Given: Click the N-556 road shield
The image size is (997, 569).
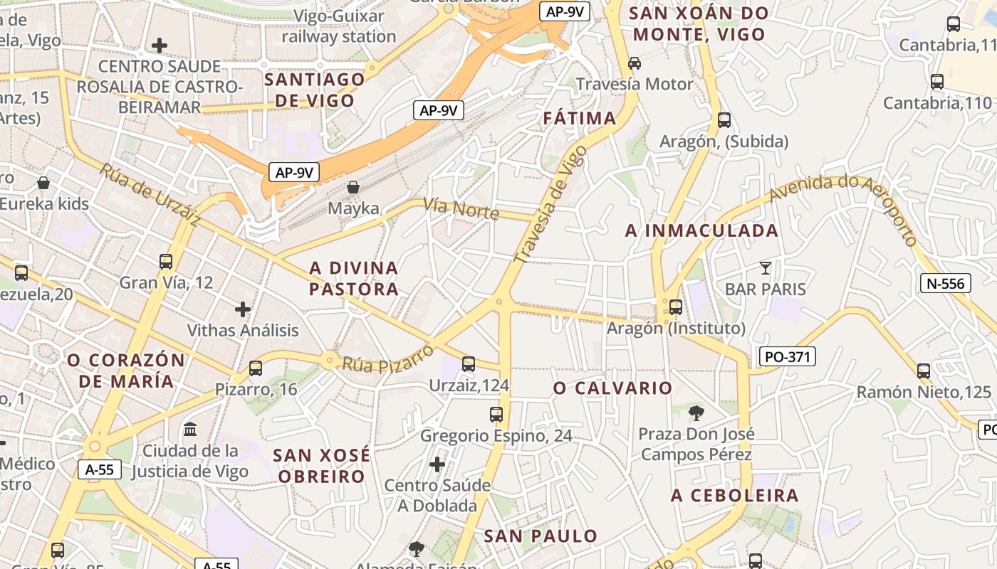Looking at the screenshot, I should coord(946,283).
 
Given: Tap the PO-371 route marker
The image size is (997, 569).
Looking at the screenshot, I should coord(787,356).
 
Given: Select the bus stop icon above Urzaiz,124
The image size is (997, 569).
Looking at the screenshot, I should coord(468,364).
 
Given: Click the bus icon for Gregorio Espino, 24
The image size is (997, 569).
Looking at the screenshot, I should coord(496,414).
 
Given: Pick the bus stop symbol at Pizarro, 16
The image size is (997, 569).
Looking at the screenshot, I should coord(255,368).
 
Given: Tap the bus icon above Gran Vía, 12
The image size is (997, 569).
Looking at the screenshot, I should coord(166,262).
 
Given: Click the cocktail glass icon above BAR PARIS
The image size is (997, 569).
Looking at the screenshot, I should coord(765,268).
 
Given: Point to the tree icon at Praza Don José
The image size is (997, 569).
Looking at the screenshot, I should coord(696,413).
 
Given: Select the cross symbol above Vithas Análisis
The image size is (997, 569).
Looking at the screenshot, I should coord(243,309).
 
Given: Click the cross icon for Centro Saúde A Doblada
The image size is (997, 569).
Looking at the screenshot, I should coord(437,464).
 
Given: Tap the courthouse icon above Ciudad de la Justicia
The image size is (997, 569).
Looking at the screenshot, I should coord(190,430).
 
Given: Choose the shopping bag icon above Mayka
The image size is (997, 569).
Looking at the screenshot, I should coord(353,188).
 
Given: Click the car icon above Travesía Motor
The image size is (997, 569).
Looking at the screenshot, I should coord(634,63).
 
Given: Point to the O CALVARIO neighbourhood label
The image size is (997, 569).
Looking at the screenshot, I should coord(612,388).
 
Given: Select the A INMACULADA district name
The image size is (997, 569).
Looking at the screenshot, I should coord(701,230).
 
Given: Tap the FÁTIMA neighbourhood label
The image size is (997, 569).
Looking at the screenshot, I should coord(579,118).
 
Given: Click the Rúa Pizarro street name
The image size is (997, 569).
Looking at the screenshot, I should coord(388,359).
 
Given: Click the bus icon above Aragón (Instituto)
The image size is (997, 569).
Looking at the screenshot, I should coord(675,307).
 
